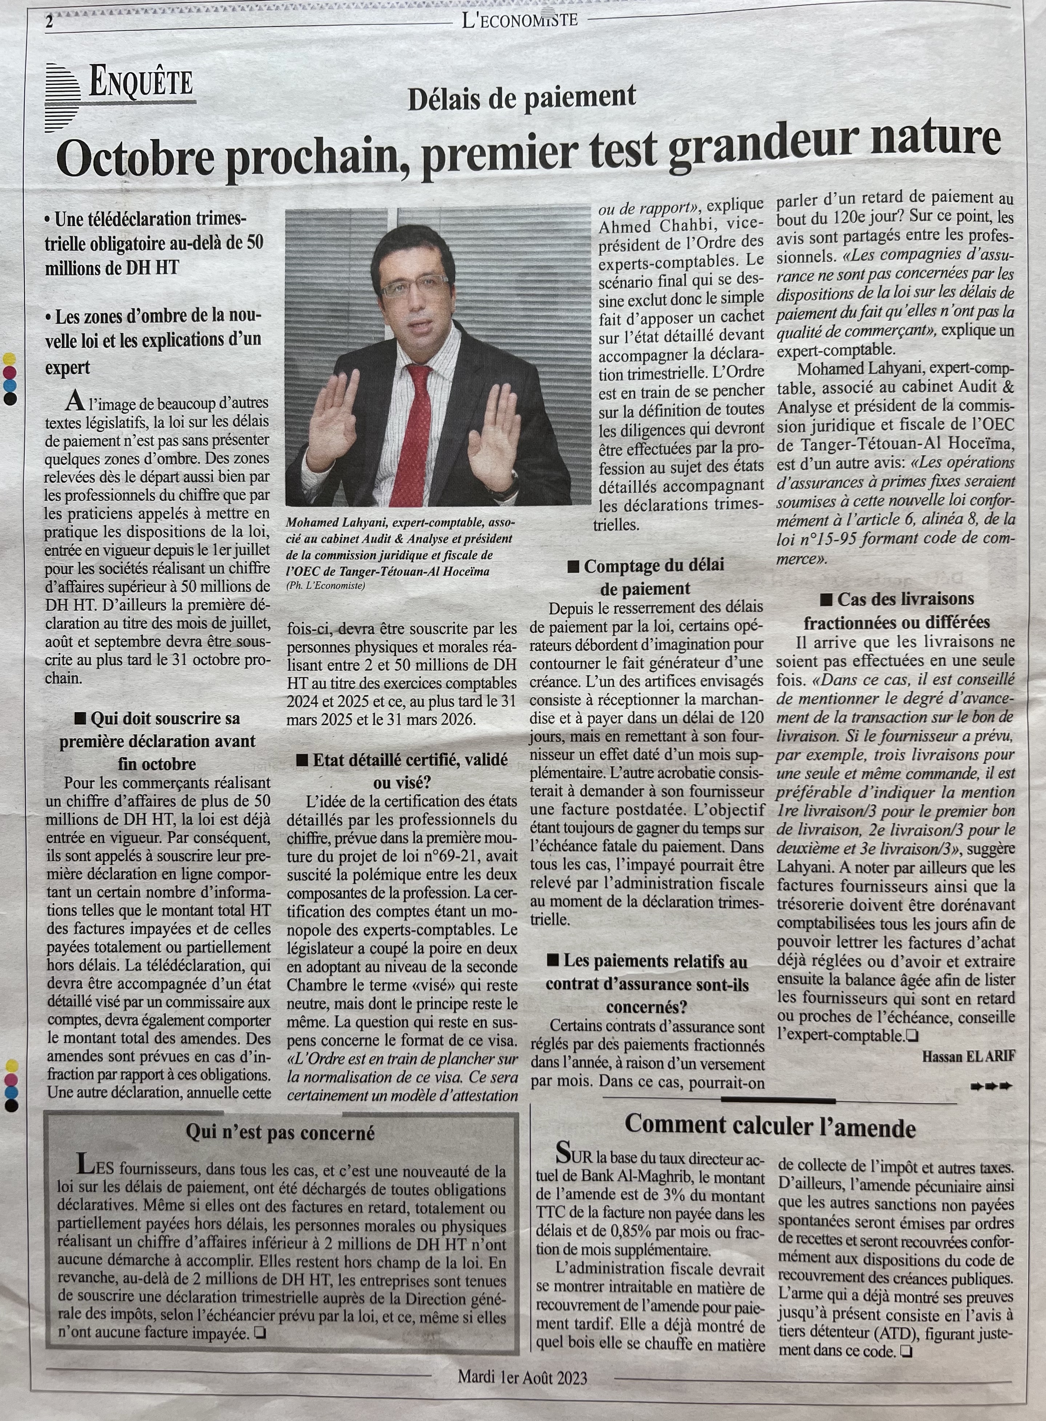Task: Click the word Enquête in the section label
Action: pyautogui.click(x=141, y=82)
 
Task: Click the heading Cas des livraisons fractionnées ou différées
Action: pyautogui.click(x=897, y=610)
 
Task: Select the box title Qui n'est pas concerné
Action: pyautogui.click(x=280, y=1132)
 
